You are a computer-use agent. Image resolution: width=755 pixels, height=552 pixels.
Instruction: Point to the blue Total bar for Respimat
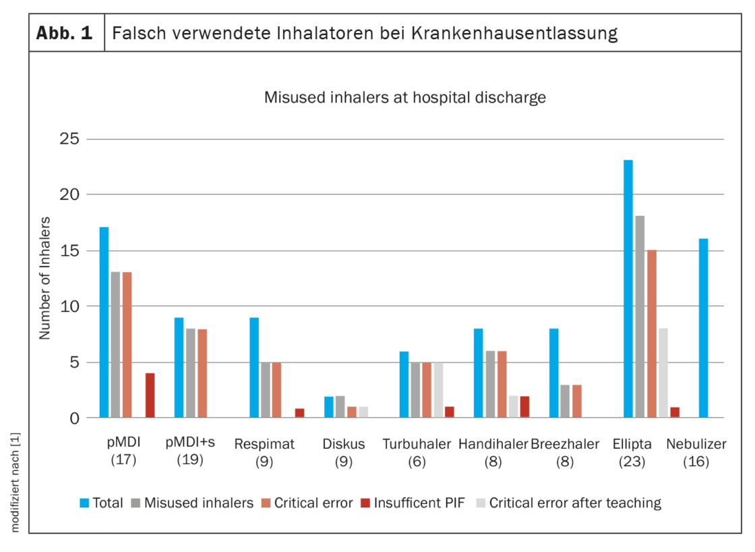coord(254,368)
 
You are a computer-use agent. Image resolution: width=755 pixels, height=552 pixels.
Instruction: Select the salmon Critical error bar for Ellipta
coord(651,334)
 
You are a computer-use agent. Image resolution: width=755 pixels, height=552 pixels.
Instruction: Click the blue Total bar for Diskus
coord(329,407)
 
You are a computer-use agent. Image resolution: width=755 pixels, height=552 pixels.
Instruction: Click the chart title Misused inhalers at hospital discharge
coord(404,97)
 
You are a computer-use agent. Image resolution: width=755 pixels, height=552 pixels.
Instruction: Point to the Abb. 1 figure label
coord(65,32)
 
